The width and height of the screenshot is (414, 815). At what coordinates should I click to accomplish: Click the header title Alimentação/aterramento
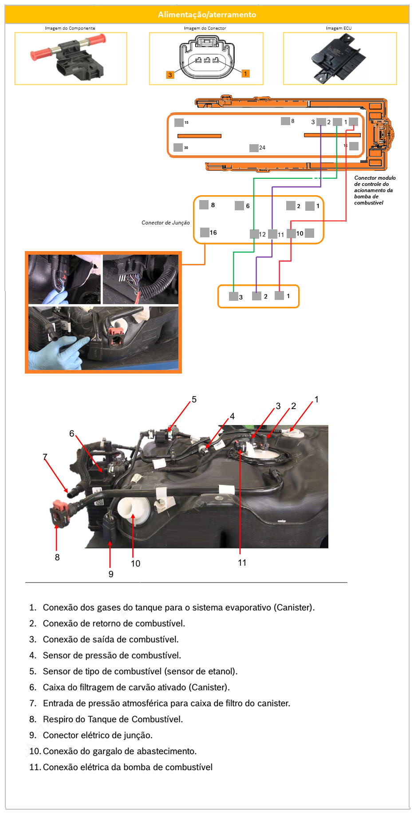207,15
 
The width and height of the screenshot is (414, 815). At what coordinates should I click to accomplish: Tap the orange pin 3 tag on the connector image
170,75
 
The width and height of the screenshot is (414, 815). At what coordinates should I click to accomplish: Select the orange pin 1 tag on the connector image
245,74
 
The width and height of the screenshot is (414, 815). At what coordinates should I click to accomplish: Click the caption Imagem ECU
339,28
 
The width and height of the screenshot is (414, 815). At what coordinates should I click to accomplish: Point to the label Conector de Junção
166,223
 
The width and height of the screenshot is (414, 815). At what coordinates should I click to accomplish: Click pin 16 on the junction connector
205,232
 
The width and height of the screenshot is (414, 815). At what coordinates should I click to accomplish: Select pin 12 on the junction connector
254,234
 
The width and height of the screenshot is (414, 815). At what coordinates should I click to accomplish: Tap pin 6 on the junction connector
239,205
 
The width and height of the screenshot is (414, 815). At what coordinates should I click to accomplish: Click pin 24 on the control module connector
254,148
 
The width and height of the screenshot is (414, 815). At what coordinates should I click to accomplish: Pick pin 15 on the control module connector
179,122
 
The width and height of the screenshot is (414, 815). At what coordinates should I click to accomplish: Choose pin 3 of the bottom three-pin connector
233,296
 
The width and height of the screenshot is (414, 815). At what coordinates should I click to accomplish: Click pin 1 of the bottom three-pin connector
279,295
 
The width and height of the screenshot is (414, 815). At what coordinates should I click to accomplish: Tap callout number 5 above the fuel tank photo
194,400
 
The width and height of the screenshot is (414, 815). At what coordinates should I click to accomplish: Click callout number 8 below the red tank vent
57,557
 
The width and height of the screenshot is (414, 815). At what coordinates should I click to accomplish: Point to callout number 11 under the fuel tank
242,563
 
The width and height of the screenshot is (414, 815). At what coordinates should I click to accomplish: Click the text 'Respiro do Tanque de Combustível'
113,719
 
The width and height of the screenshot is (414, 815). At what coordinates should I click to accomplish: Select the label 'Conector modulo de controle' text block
374,190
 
